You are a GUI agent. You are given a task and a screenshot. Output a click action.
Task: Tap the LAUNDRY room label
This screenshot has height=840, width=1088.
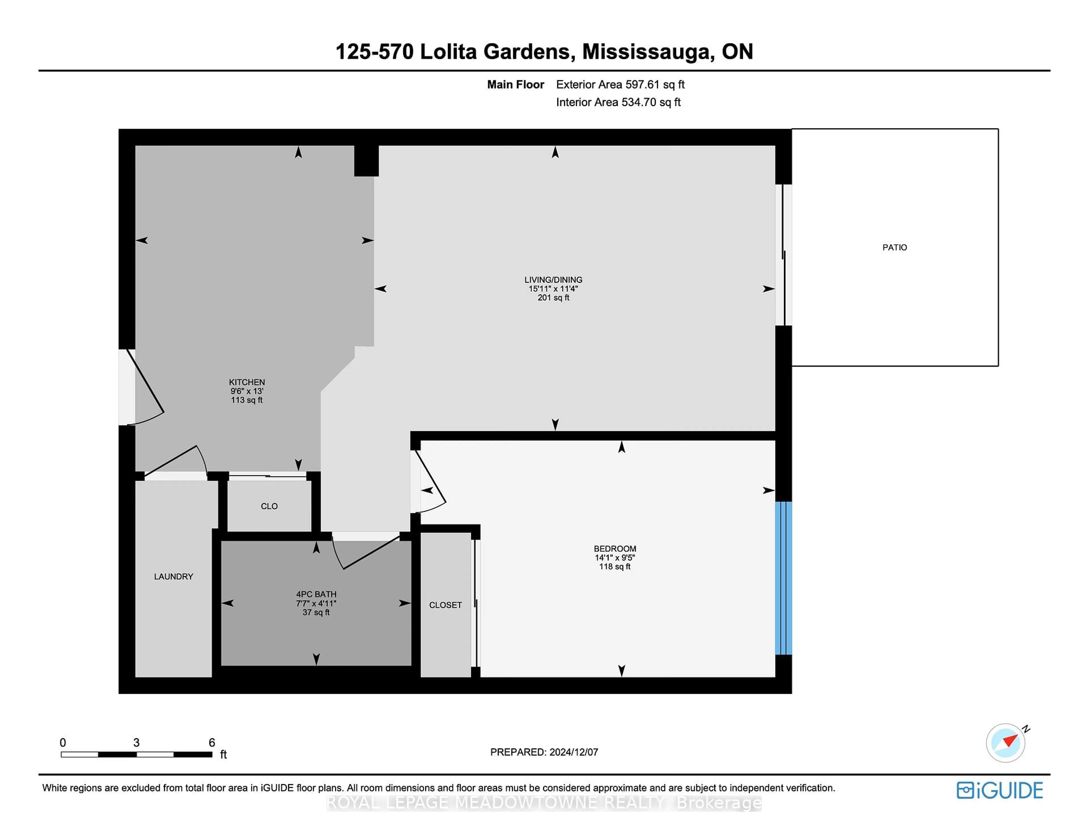pos(173,576)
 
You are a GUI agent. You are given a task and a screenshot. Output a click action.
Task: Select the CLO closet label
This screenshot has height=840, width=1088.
pos(269,506)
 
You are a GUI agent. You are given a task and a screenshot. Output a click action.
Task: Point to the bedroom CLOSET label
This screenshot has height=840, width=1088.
pos(445,605)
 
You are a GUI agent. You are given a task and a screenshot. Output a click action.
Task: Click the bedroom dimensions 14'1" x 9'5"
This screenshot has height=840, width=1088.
pos(615,557)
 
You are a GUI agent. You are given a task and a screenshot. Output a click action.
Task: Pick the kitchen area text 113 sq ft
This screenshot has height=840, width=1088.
pos(246,400)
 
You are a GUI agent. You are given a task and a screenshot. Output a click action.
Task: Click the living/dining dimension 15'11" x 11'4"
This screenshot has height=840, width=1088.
pos(553,289)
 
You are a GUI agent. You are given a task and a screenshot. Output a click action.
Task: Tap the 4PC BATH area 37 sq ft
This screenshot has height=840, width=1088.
pos(316,612)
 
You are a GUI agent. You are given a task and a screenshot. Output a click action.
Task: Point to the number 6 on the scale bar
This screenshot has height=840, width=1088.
pos(212,742)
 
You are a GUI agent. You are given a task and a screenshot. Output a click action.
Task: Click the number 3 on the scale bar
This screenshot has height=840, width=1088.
pos(137,742)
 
